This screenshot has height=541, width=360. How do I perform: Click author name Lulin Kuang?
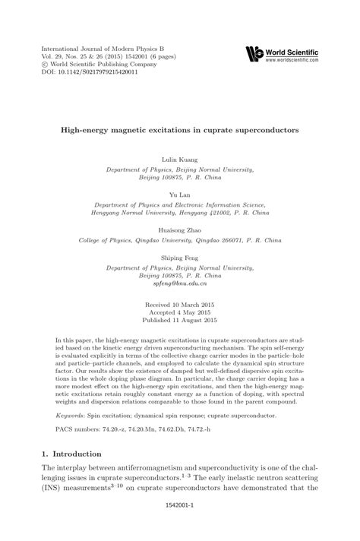180,162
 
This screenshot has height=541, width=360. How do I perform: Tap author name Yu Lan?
180,194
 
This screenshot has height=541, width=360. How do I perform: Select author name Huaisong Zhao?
180,227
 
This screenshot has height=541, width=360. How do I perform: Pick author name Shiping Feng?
180,258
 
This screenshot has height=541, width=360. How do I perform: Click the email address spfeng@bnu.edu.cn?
180,283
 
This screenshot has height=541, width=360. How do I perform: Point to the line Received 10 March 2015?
180,303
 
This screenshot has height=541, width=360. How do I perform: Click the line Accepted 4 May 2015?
180,311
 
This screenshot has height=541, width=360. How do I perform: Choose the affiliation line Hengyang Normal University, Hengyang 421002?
180,214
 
